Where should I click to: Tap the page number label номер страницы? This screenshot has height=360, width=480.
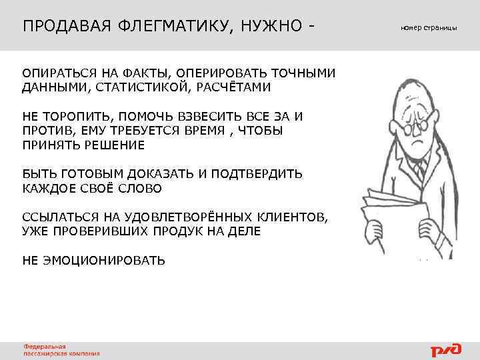pyautogui.click(x=429, y=28)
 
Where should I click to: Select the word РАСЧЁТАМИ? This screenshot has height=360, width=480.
pyautogui.click(x=233, y=87)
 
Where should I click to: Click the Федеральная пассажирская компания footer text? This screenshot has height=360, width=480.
pyautogui.click(x=62, y=350)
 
